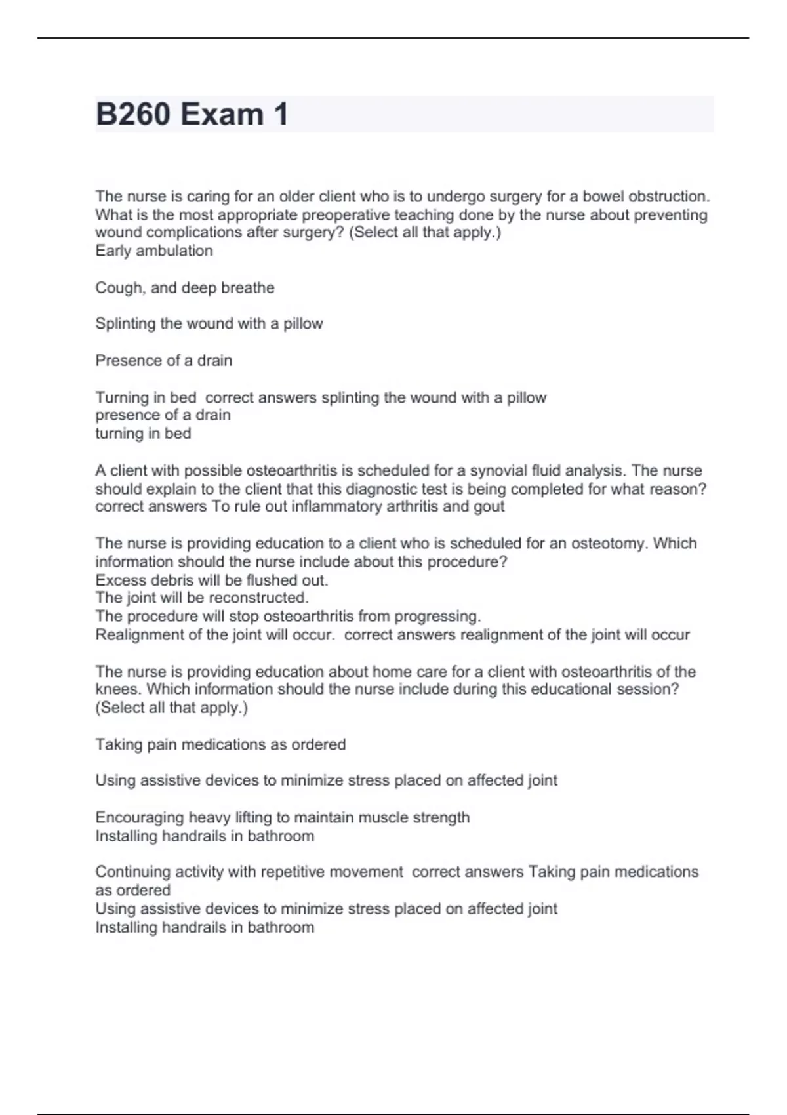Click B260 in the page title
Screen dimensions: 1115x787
pos(134,115)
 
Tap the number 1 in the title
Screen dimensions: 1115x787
pos(281,115)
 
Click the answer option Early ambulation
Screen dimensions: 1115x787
pos(154,251)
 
